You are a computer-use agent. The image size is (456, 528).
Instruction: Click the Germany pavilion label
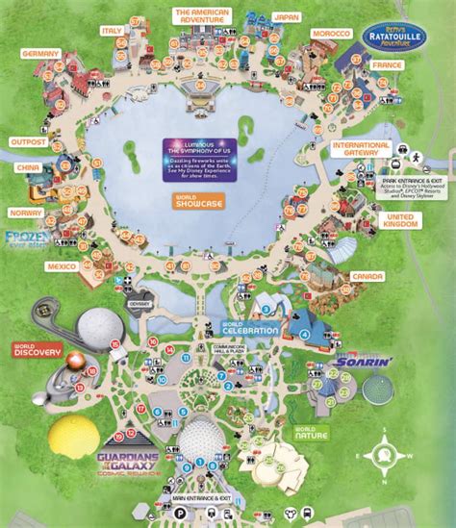(39, 53)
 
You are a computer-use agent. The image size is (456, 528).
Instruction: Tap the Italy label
(113, 31)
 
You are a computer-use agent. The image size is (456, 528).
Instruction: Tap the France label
(387, 63)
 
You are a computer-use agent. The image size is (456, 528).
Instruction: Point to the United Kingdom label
(405, 220)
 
